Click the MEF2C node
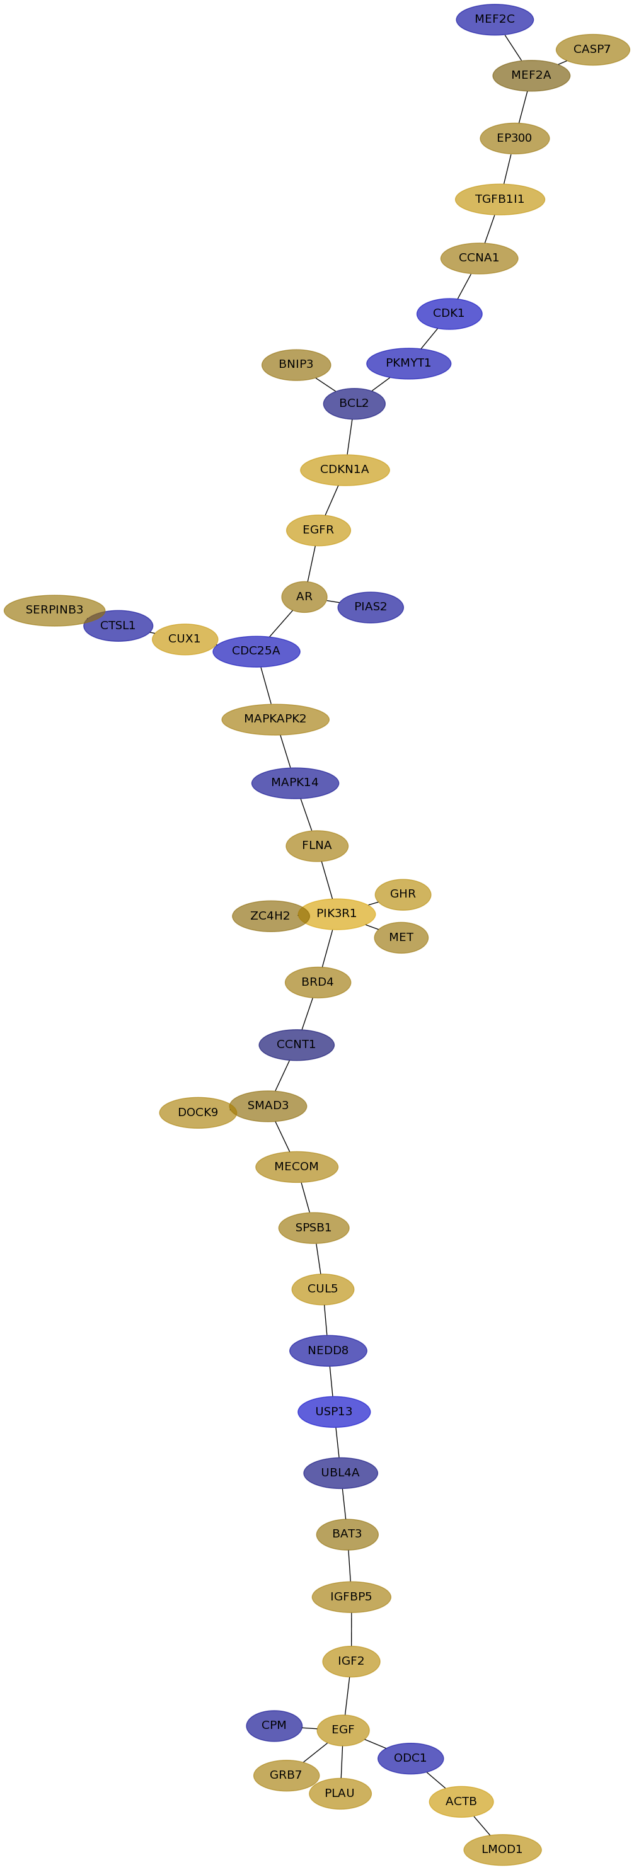coord(495,20)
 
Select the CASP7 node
coord(592,49)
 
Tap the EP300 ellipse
coord(514,138)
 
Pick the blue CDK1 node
coord(449,314)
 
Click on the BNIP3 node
coord(296,365)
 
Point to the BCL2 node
coord(354,404)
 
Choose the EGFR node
coord(318,530)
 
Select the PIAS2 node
coord(371,607)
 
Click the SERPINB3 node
coord(54,610)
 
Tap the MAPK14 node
coord(295,782)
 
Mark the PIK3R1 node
coord(337,914)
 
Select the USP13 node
coord(334,1411)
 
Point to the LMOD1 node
coord(502,1849)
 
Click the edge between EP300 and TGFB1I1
coord(507,169)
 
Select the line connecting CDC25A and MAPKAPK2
coord(266,685)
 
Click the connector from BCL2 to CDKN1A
coord(349,437)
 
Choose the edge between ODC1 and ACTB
coord(435,1780)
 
